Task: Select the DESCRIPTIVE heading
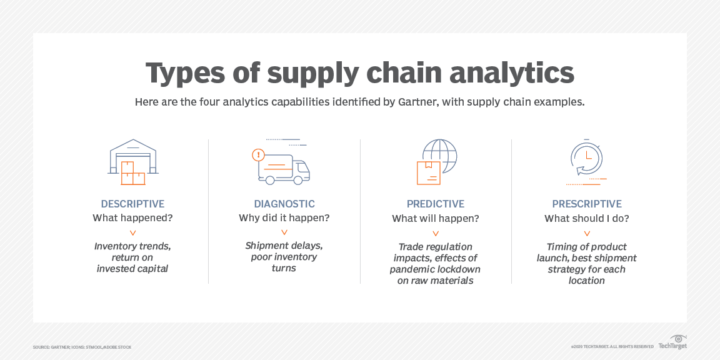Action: point(132,204)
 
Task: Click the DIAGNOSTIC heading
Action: point(284,204)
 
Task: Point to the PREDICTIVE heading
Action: point(436,204)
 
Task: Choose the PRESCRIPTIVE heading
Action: point(587,204)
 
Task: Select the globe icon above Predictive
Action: point(437,161)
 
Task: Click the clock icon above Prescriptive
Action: point(587,160)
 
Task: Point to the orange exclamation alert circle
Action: point(257,155)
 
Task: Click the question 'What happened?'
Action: point(132,218)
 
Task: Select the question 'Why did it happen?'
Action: point(284,218)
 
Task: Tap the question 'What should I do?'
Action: point(587,218)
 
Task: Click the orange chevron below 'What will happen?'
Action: point(436,233)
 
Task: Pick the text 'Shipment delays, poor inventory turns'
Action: point(284,257)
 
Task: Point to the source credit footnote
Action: point(82,347)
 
